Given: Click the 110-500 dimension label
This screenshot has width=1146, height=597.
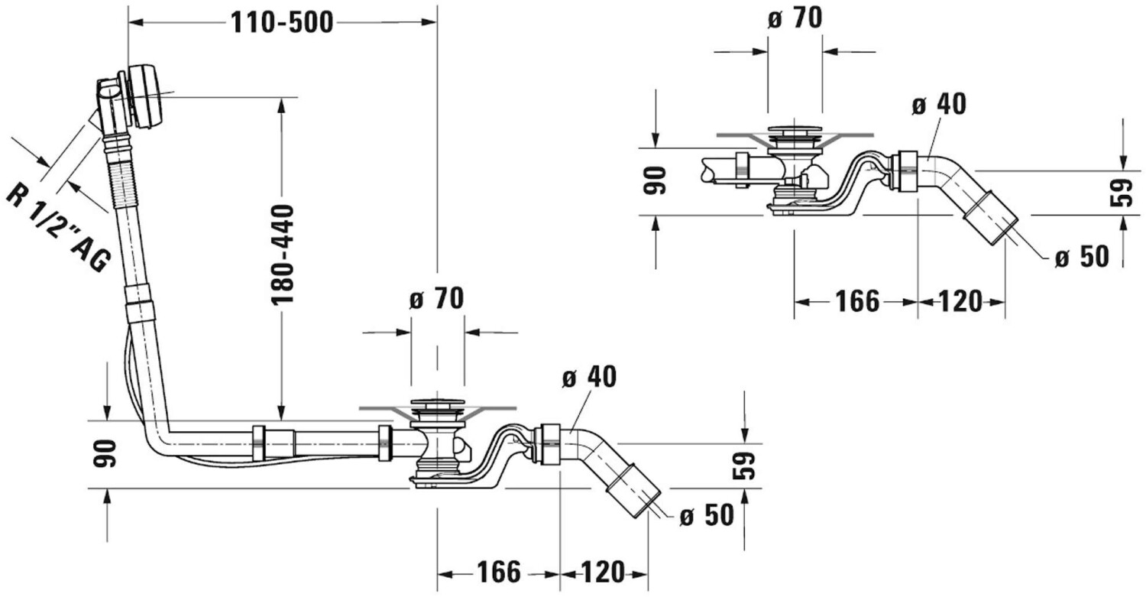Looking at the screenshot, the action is point(282,22).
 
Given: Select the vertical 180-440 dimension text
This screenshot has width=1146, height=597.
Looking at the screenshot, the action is point(283,255).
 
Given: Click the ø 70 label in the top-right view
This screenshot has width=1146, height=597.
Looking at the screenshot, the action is point(795,18).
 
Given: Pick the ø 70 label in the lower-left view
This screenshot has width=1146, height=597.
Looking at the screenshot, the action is point(436,298).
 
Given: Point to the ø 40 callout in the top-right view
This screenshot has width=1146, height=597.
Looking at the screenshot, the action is point(939,105).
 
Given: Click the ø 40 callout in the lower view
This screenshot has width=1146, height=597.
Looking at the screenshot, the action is point(589,377).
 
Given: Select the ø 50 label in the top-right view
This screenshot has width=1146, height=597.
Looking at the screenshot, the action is point(1082,257).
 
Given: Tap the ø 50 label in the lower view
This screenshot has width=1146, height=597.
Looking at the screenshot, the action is point(707,515).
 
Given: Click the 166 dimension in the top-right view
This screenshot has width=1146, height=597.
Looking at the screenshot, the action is point(857,301).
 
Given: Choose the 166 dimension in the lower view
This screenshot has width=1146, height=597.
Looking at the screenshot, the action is point(499,573).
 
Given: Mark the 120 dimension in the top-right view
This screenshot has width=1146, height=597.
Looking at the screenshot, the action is point(961,301).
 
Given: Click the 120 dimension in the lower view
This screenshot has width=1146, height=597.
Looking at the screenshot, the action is point(603,573).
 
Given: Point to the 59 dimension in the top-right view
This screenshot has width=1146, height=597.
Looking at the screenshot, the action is point(1122,192).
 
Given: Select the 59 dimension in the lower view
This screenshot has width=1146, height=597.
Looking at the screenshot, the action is point(744,466).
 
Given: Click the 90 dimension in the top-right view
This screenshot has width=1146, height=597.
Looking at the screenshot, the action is point(655,180).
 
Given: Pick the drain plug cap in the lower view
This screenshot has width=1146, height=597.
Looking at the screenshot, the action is point(438,404).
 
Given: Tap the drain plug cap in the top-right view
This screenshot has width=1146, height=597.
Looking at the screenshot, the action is point(795,130).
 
